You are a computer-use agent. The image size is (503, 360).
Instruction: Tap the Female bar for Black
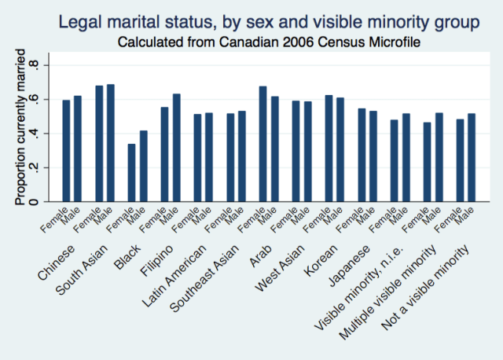pyautogui.click(x=132, y=173)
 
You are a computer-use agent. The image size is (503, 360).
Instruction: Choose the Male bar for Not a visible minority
pyautogui.click(x=471, y=158)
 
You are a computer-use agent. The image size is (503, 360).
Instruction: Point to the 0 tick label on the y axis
pyautogui.click(x=33, y=202)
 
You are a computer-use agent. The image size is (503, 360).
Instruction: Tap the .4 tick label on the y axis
pyautogui.click(x=33, y=134)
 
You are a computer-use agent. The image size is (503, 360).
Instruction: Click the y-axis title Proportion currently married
pyautogui.click(x=20, y=130)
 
